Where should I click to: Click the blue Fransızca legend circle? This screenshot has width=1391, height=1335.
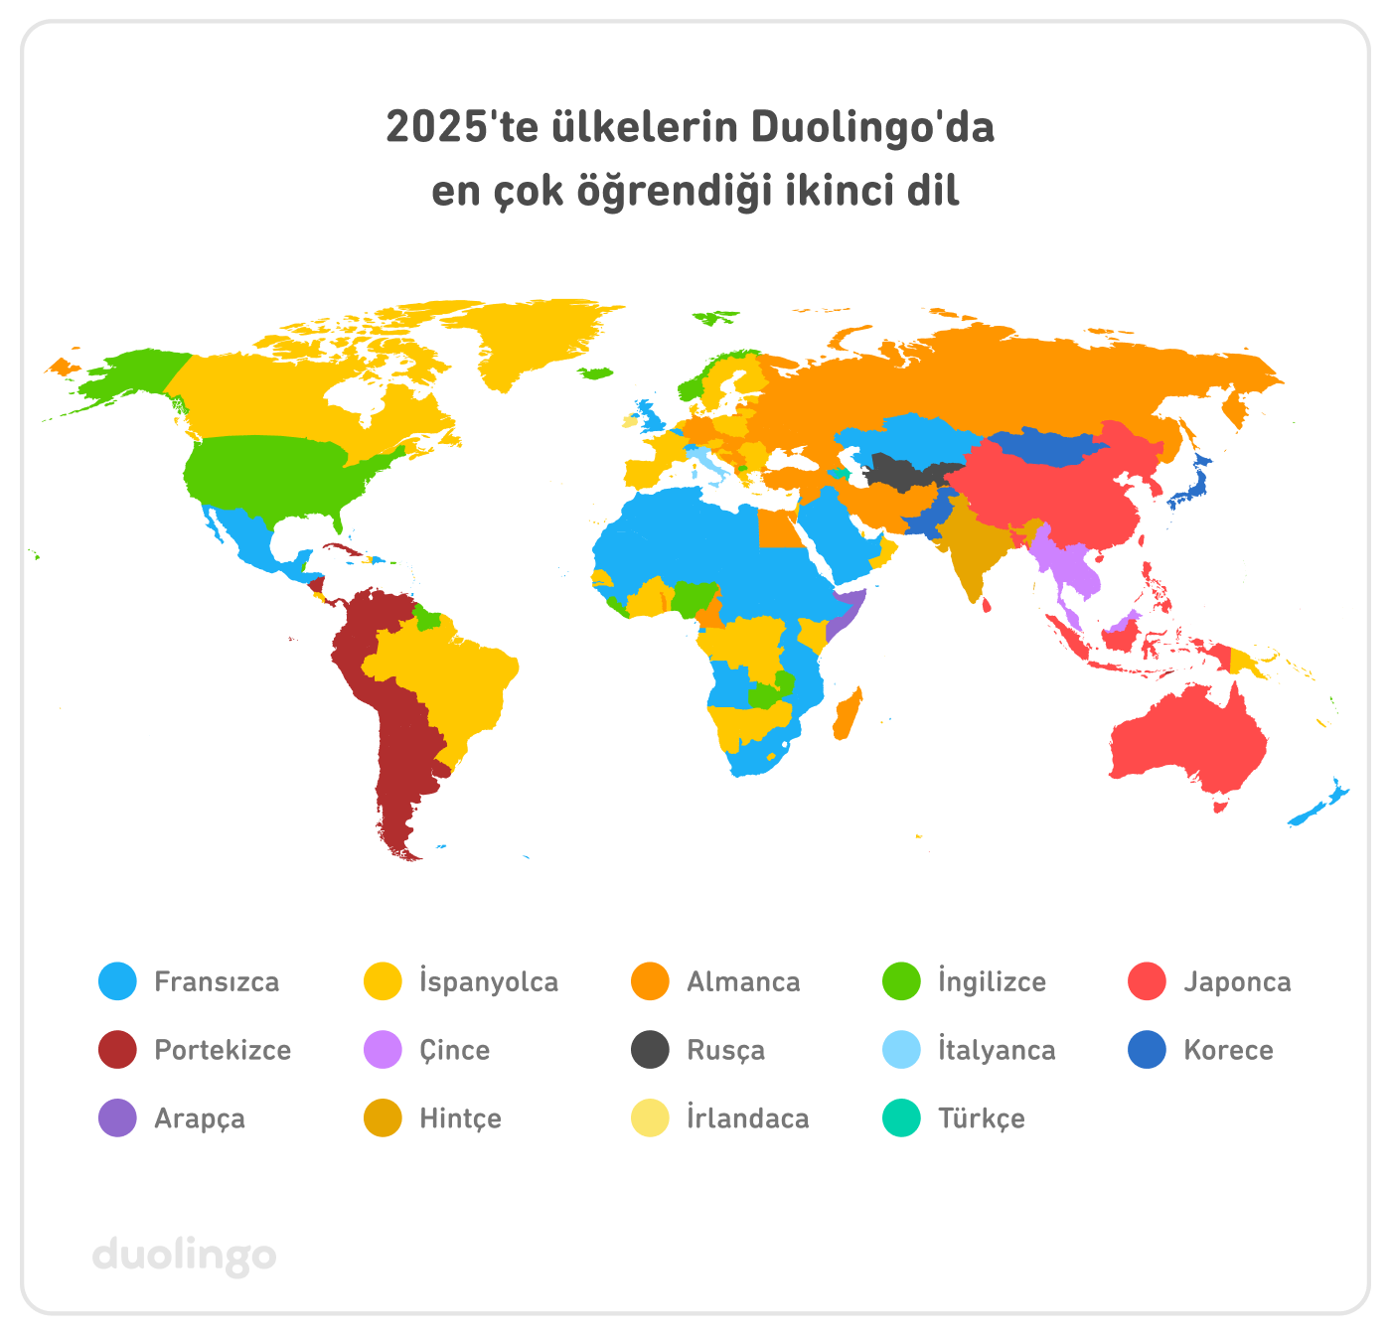tap(117, 981)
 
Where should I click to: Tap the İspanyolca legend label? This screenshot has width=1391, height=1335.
tap(488, 982)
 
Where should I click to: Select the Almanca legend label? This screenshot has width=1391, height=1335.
tap(743, 982)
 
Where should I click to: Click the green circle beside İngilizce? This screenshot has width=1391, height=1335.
tap(901, 981)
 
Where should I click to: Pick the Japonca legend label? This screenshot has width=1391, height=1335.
tap(1237, 982)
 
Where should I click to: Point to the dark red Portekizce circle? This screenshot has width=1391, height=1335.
tap(117, 1050)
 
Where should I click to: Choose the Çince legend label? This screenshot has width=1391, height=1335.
tap(454, 1051)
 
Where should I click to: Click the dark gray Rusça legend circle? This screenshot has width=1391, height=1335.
tap(650, 1050)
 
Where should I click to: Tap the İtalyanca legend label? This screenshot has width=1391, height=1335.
tap(997, 1051)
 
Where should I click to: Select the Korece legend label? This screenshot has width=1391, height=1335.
tap(1228, 1051)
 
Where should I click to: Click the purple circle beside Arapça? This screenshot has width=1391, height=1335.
tap(117, 1118)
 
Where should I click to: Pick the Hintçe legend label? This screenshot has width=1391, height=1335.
tap(460, 1119)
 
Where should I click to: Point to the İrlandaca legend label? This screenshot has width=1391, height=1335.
tap(747, 1119)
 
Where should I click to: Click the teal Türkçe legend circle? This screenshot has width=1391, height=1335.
tap(901, 1118)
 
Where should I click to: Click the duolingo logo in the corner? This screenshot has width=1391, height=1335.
tap(185, 1255)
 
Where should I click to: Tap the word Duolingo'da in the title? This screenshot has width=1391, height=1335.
tap(872, 128)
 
